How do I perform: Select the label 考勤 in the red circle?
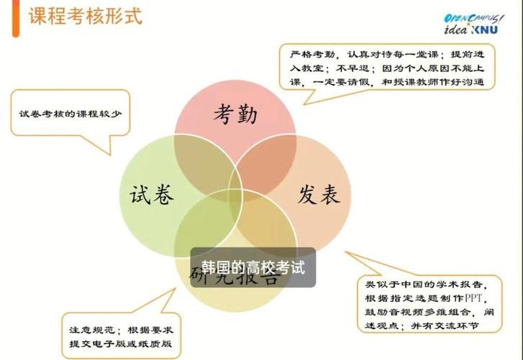235,113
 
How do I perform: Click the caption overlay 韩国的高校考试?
253,268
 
